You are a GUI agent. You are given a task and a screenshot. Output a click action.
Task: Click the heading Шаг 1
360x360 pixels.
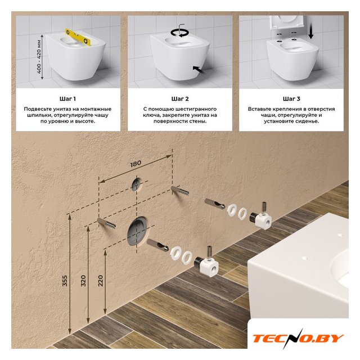(x=67, y=99)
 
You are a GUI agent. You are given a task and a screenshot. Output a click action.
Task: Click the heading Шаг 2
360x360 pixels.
(x=180, y=99)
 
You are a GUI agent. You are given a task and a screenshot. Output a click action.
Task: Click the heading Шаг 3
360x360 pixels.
(x=291, y=99)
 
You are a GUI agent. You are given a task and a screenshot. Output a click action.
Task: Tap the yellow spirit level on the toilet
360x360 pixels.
(x=79, y=37)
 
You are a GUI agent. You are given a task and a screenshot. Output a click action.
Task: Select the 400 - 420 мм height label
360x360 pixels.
(x=39, y=57)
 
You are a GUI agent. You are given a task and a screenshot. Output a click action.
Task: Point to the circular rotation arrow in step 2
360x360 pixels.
(x=179, y=33)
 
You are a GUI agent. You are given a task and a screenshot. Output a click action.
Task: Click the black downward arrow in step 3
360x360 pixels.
(x=311, y=29)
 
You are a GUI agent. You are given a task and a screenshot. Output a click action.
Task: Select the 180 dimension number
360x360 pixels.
(x=136, y=164)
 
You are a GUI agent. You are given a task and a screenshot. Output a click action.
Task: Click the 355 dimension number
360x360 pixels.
(x=65, y=280)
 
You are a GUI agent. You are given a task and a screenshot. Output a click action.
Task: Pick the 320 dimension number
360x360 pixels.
(x=83, y=280)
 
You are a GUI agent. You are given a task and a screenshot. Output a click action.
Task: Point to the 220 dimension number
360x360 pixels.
(x=101, y=280)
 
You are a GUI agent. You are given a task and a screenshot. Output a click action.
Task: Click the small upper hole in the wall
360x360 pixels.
(x=137, y=184)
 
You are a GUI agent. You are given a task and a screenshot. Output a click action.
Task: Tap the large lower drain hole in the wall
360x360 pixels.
(x=138, y=231)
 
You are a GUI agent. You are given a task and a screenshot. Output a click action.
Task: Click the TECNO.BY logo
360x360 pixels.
(x=298, y=339)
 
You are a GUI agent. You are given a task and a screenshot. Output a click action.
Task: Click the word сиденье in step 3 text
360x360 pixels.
(x=305, y=121)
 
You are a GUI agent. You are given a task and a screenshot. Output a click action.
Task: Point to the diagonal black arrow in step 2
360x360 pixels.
(x=199, y=70)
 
